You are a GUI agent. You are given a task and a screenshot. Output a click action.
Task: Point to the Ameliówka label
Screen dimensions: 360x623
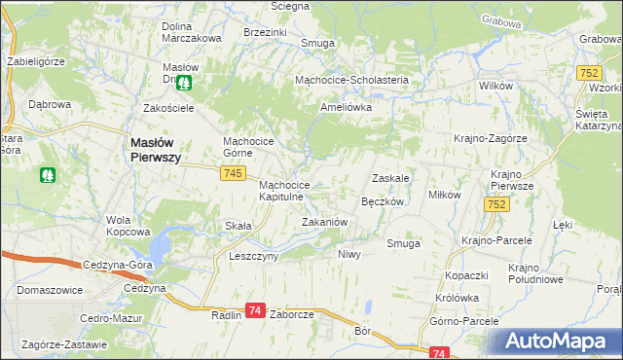coord(347,107)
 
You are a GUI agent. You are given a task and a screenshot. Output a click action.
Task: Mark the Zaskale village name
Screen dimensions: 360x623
coord(389,179)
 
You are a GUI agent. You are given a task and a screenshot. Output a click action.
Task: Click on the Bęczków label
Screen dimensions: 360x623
coord(382,201)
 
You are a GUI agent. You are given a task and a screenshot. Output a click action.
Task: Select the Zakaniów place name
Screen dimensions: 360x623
coord(324,222)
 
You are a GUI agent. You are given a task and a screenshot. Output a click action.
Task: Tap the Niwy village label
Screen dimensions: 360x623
coord(349,254)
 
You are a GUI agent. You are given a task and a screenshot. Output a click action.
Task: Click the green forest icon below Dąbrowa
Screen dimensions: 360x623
coord(48,175)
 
